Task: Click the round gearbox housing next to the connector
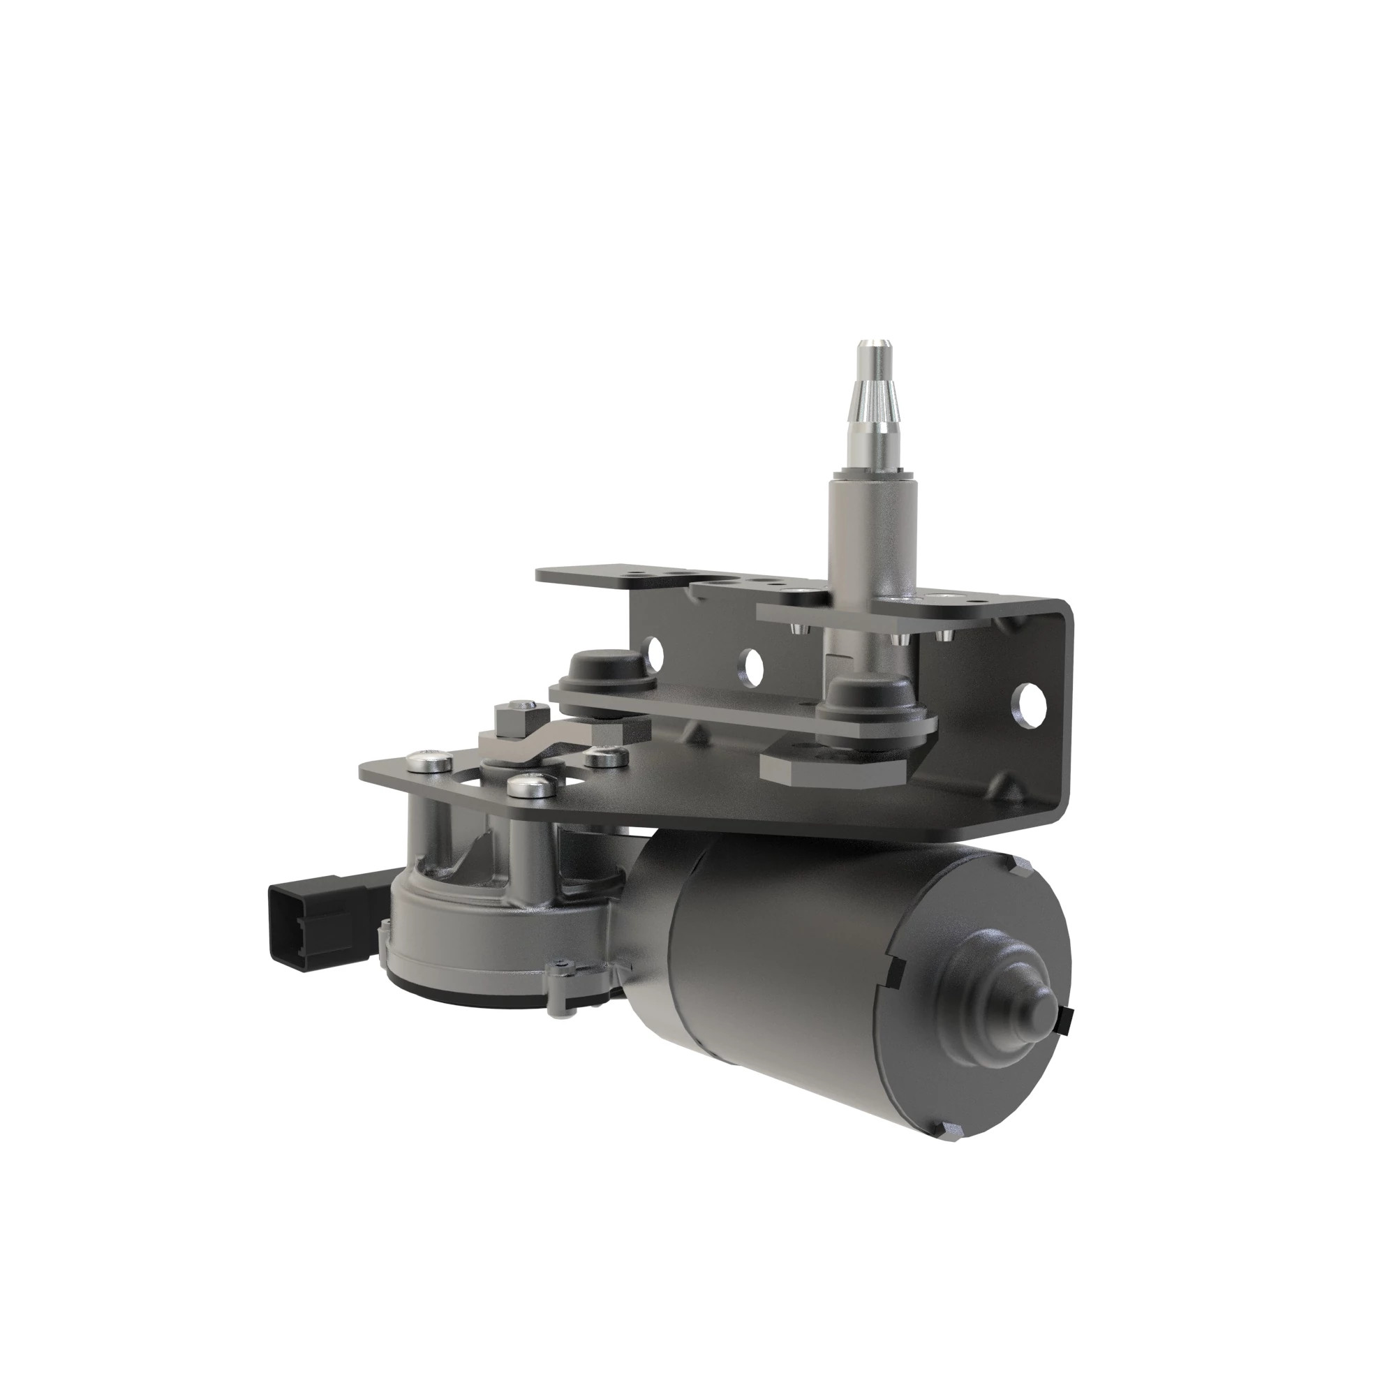point(463,932)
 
